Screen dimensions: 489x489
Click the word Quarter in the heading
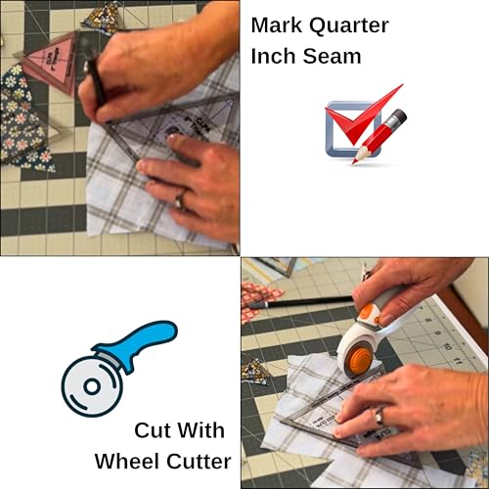pos(349,25)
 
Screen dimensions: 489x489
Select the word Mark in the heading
pos(277,24)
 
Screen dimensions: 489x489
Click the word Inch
pos(274,56)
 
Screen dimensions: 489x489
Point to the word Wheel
pos(128,462)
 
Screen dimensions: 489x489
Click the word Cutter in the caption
pos(200,462)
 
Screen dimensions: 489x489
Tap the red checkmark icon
pos(364,114)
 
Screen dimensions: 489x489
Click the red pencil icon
pos(379,136)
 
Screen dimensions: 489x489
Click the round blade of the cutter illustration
pos(92,386)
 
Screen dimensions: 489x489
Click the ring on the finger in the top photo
pos(180,200)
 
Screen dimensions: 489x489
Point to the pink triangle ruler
pos(52,62)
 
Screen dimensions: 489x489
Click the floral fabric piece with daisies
pos(22,119)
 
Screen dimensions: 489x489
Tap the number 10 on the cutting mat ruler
pos(447,346)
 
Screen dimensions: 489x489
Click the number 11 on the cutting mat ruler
pos(458,360)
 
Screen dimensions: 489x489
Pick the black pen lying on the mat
pos(300,301)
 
